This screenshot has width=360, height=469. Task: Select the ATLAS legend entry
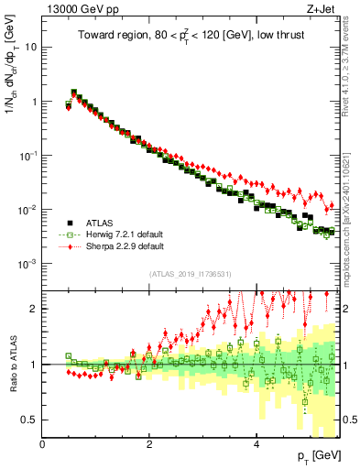tap(97, 222)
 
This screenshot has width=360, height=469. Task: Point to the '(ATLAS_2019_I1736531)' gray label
tap(191, 274)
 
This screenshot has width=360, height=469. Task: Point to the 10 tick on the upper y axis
tap(31, 47)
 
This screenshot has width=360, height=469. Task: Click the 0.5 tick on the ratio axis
tap(30, 420)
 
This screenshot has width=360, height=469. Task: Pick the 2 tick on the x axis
tap(149, 444)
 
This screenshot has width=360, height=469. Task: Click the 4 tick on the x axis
tap(256, 444)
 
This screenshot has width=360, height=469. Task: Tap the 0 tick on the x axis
tap(43, 444)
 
